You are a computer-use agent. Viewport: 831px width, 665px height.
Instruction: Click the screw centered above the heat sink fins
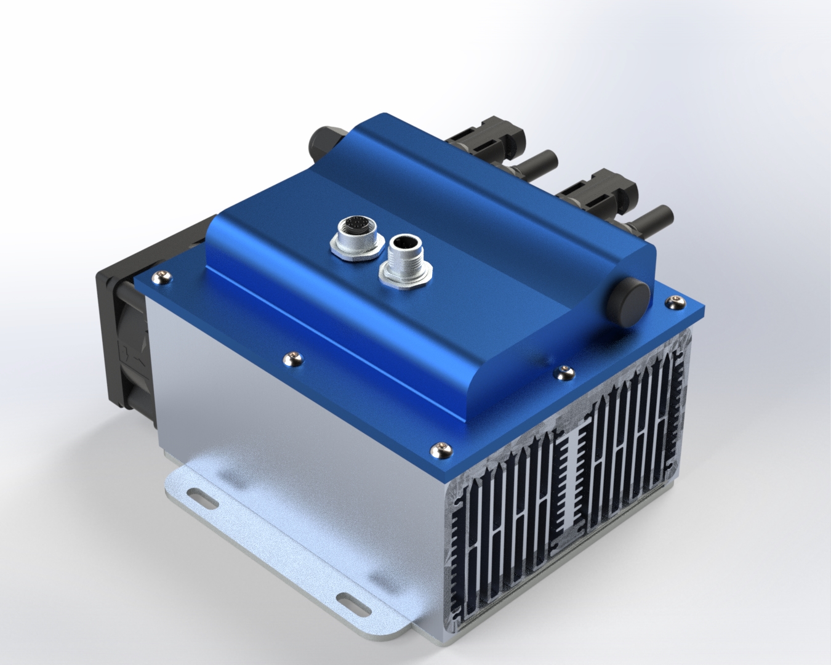(564, 370)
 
